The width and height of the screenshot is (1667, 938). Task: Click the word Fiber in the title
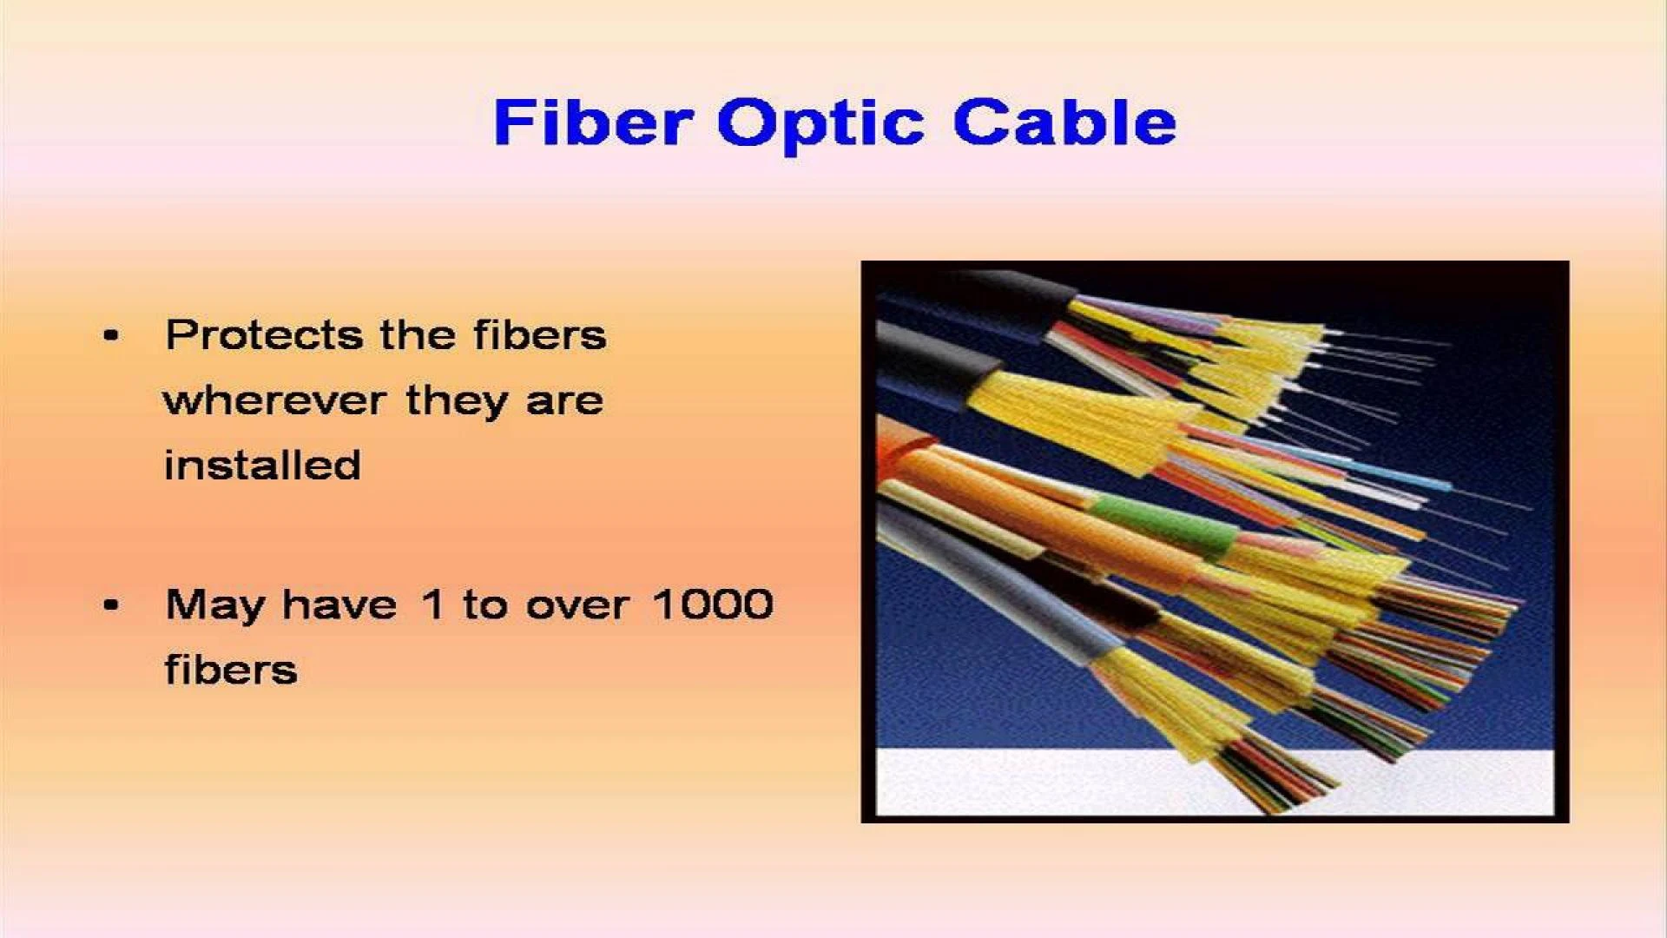(x=593, y=122)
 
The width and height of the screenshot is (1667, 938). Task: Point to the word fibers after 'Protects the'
(x=539, y=334)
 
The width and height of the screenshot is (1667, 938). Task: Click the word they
(x=456, y=401)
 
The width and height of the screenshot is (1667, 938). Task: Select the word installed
(x=262, y=465)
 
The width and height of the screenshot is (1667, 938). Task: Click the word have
(x=339, y=604)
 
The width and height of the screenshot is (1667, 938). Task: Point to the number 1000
(x=713, y=604)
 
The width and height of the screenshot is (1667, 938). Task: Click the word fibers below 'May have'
(x=231, y=670)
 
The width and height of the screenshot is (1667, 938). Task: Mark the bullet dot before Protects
(x=110, y=335)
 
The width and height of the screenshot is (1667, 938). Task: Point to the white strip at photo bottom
(x=1215, y=782)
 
